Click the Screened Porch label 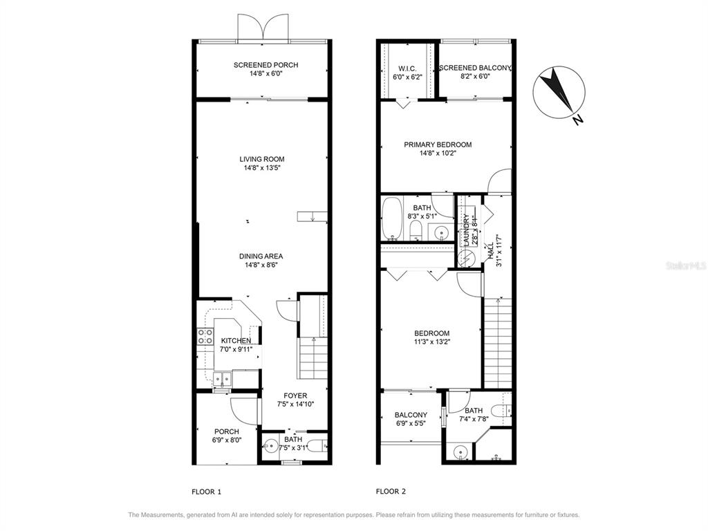pyautogui.click(x=265, y=65)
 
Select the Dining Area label pyautogui.click(x=261, y=256)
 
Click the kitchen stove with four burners pyautogui.click(x=205, y=337)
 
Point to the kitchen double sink pyautogui.click(x=222, y=378)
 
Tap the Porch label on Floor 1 pyautogui.click(x=226, y=431)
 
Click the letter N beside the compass pyautogui.click(x=579, y=120)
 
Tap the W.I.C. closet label pyautogui.click(x=406, y=68)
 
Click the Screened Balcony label pyautogui.click(x=476, y=68)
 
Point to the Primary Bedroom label pyautogui.click(x=438, y=145)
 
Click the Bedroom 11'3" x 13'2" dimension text pyautogui.click(x=431, y=341)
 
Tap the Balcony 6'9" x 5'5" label pyautogui.click(x=411, y=416)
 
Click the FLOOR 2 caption pyautogui.click(x=391, y=492)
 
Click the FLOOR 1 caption pyautogui.click(x=206, y=492)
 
